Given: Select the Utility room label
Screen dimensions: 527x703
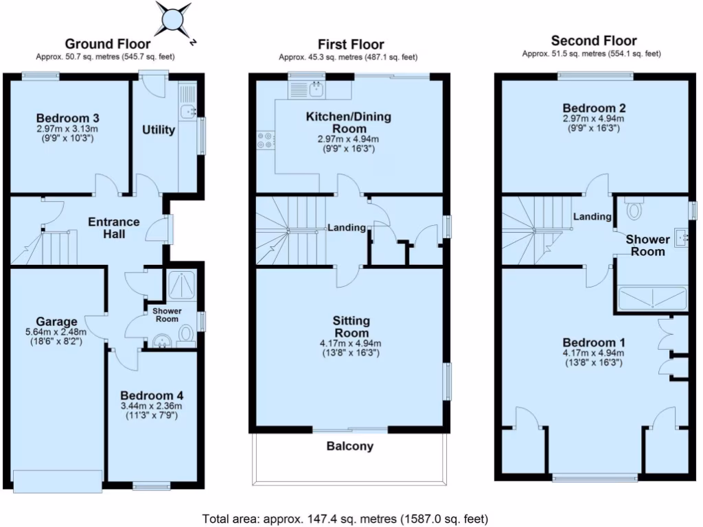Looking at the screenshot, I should [159, 130].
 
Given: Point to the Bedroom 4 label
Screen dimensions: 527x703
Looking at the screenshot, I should [152, 395].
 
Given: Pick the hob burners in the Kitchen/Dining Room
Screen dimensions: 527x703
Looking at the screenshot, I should [265, 140].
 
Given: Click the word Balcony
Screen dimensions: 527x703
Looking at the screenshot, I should [349, 446].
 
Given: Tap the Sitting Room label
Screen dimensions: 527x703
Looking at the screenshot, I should [351, 327].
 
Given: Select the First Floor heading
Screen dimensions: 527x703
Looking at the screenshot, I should [351, 45].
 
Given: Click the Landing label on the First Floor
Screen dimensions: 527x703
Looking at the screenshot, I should [346, 227].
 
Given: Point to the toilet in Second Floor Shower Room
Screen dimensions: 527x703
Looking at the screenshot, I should [634, 209].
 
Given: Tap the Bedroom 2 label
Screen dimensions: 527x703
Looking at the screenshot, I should [594, 108].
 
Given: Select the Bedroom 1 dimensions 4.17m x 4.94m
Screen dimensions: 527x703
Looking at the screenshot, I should [594, 353].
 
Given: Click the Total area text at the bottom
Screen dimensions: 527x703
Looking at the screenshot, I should [345, 518].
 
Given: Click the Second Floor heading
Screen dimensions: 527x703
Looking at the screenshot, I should [594, 40].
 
